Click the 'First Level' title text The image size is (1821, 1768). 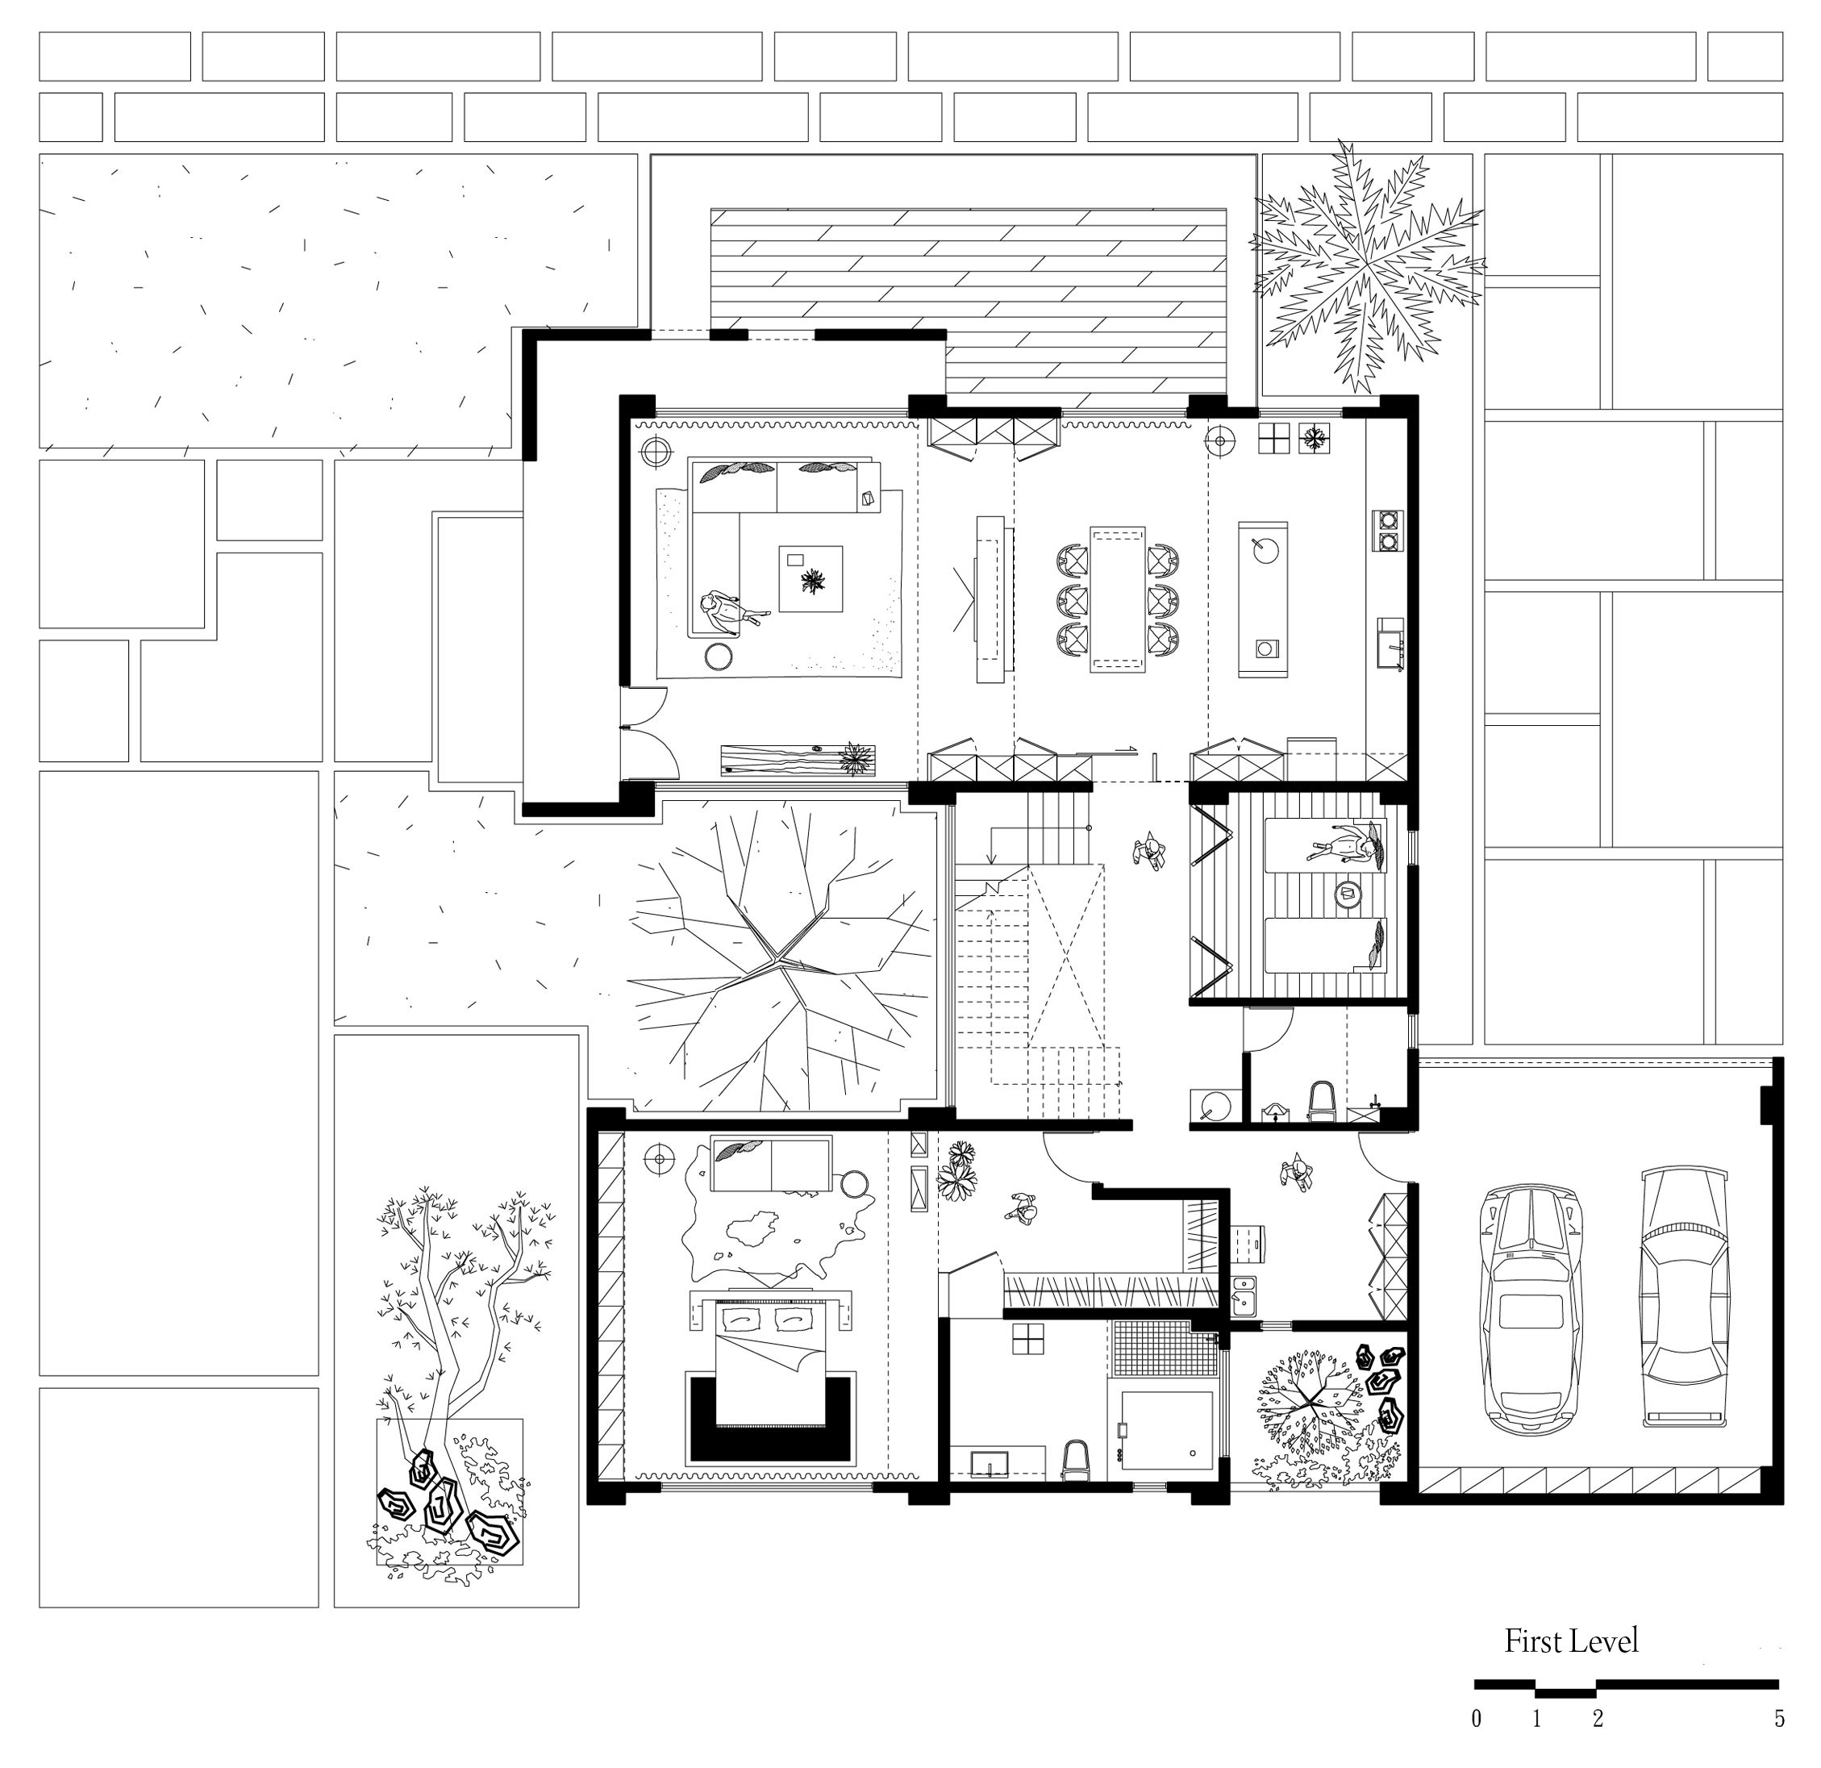point(1571,1641)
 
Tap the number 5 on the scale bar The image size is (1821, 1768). point(1779,1720)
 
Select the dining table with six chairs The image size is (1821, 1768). point(1117,598)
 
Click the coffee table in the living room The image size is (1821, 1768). point(810,579)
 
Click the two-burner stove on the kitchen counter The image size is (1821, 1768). point(1387,530)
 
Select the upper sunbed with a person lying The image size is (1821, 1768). point(1325,844)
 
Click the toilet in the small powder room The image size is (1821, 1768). point(1320,1100)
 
